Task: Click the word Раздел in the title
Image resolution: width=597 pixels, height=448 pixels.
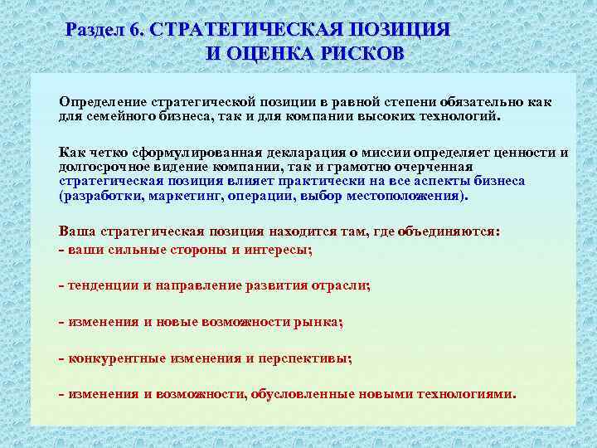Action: (x=95, y=30)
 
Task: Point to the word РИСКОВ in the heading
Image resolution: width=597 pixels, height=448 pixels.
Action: (x=358, y=55)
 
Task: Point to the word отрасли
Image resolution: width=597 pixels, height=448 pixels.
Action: (x=340, y=285)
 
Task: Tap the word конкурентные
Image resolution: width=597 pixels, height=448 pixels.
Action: (x=113, y=358)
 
